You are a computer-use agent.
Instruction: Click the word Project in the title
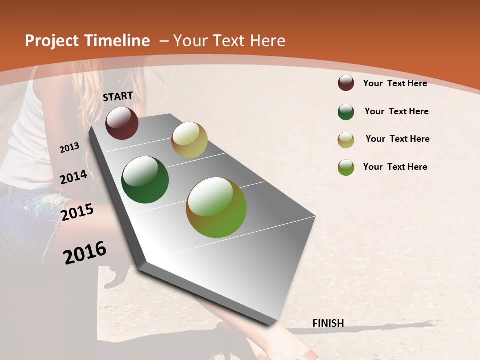click(51, 41)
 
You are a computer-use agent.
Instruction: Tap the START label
click(118, 96)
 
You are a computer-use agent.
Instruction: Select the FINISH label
click(328, 323)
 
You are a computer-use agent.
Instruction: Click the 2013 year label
click(70, 148)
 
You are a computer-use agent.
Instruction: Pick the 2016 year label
click(85, 253)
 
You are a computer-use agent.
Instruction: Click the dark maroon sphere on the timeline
click(122, 123)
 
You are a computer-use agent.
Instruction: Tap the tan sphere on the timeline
click(189, 140)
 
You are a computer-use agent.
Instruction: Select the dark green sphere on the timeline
click(145, 180)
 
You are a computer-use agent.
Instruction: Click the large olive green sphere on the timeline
click(216, 207)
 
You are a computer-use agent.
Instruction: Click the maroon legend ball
click(346, 83)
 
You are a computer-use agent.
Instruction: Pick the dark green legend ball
click(346, 112)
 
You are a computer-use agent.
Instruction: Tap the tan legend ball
click(346, 140)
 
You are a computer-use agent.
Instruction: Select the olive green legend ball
click(346, 167)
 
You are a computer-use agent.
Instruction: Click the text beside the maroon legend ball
click(395, 83)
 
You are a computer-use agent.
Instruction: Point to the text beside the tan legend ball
click(397, 139)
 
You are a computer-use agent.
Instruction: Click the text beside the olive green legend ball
click(395, 167)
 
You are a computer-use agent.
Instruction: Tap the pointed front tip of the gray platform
click(142, 263)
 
